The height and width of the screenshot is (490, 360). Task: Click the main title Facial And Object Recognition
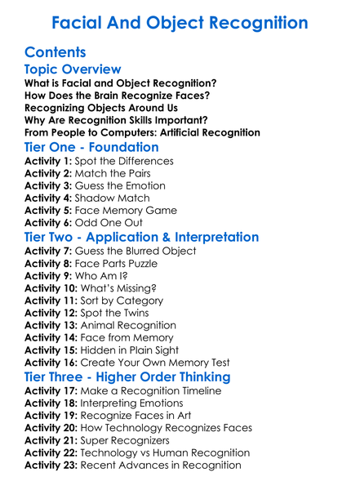point(180,22)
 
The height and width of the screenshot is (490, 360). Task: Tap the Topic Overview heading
point(73,69)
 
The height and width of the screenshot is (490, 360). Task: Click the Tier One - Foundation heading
point(91,148)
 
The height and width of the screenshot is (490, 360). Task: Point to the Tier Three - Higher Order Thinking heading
point(127,376)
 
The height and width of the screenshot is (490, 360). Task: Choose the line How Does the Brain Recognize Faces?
point(118,96)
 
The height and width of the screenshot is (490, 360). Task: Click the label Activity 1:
point(47,162)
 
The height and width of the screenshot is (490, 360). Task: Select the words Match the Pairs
point(113,174)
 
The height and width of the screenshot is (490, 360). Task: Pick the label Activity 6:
point(47,222)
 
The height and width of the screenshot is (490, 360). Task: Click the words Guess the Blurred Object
point(136,252)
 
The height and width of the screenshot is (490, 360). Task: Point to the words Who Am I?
point(103,276)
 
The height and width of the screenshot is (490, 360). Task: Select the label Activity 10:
point(50,288)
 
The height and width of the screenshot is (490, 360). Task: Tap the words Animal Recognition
point(129,325)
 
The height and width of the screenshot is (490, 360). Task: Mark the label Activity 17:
point(50,391)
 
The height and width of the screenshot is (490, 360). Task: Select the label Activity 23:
point(50,465)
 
